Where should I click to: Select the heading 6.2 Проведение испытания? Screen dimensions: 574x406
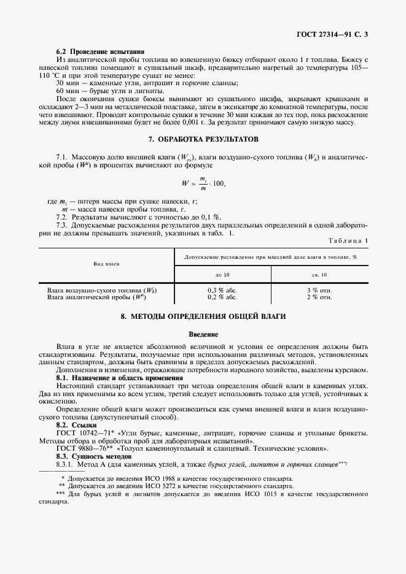tap(100, 51)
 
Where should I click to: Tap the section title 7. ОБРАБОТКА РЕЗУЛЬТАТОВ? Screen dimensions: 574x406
tap(203, 139)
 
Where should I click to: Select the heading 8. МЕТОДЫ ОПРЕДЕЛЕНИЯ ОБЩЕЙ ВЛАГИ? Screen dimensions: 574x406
tap(203, 317)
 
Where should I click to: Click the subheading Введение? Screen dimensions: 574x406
tap(203, 334)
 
